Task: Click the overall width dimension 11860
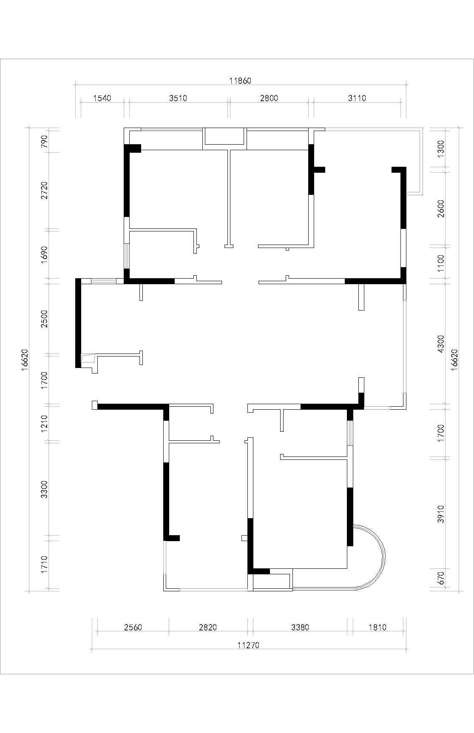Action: (x=240, y=80)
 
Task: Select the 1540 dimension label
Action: (x=102, y=98)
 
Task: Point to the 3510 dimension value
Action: (x=178, y=98)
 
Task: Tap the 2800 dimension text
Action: (x=269, y=98)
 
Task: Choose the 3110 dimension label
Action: (x=357, y=98)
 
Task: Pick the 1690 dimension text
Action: (x=44, y=254)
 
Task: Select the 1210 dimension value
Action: (x=44, y=423)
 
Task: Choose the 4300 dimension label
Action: (x=441, y=344)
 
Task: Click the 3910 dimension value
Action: (x=441, y=514)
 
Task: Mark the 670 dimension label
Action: (x=441, y=577)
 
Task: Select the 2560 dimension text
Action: (x=133, y=627)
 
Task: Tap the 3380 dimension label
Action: (x=300, y=627)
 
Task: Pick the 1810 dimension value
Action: (x=377, y=627)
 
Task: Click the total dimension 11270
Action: (x=248, y=645)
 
